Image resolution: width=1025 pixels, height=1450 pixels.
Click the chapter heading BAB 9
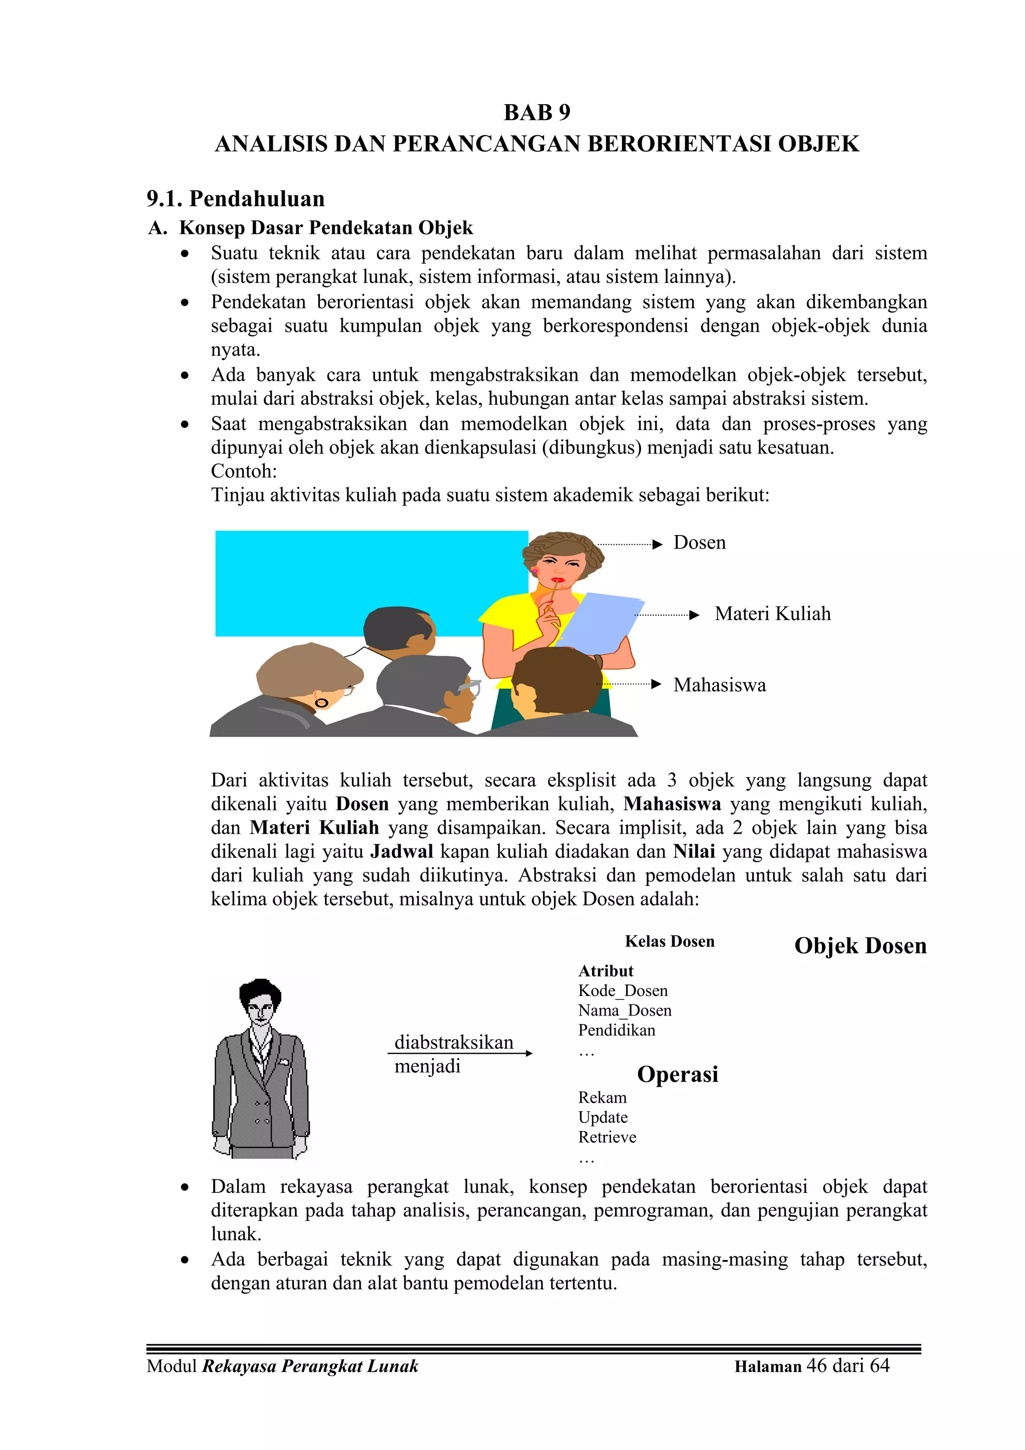[x=537, y=113]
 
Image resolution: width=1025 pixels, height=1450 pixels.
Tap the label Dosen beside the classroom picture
[x=699, y=543]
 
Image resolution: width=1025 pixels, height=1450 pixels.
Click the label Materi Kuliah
[x=772, y=614]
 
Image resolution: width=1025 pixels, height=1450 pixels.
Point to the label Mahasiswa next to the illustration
[x=719, y=685]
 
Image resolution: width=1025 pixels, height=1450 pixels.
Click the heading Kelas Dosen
[x=670, y=941]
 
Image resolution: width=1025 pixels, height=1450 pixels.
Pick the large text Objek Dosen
[x=860, y=946]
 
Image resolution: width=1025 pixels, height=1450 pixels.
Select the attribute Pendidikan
[x=617, y=1030]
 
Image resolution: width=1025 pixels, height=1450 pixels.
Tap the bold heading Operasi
[x=677, y=1074]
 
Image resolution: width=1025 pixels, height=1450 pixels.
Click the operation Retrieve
[x=607, y=1137]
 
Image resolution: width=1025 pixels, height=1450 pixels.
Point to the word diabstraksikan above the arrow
[x=453, y=1042]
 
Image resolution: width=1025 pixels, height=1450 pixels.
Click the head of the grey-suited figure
[x=260, y=1002]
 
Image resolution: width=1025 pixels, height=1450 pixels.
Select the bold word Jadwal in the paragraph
[x=402, y=852]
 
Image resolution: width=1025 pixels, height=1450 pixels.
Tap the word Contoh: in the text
[x=244, y=471]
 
